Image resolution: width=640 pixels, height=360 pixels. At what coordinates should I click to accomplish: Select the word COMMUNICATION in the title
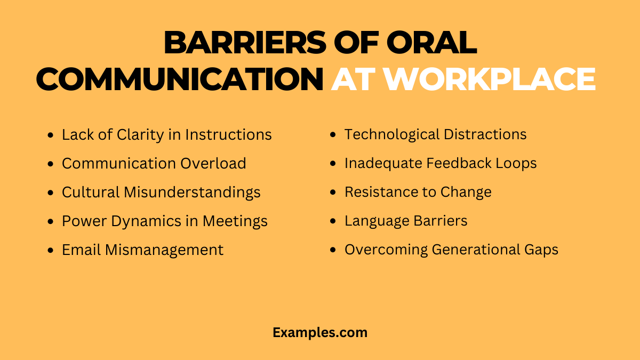[180, 79]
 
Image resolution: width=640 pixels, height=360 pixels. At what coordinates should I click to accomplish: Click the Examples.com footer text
[320, 332]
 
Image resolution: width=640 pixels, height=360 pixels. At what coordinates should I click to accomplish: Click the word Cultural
[91, 192]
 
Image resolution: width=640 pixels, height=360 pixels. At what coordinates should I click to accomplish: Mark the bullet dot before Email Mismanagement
[51, 250]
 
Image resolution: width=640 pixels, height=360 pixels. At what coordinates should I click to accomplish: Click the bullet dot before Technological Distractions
[333, 135]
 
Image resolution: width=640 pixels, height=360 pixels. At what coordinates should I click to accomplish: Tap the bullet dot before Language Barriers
[333, 221]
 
